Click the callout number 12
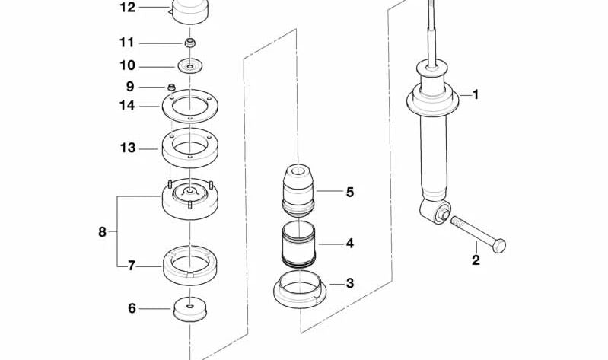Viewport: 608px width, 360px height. coord(127,8)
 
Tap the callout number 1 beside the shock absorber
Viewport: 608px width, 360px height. coord(476,95)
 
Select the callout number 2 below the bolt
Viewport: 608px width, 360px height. coord(476,260)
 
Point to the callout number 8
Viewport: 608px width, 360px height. coord(102,231)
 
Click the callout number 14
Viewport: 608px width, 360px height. coord(126,106)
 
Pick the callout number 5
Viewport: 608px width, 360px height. coord(349,192)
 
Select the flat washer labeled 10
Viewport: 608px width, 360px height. coord(190,65)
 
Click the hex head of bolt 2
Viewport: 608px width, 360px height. coord(498,245)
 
